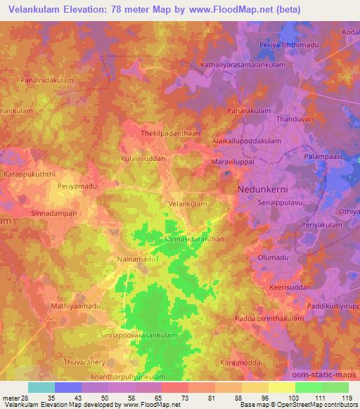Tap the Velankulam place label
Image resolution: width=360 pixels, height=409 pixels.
tap(188, 204)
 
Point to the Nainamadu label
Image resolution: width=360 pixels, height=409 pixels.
tap(137, 259)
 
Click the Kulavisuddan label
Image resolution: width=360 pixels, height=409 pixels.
tap(143, 159)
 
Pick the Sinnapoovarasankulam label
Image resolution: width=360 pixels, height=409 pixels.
tap(139, 336)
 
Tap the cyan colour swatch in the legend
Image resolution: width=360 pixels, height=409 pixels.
tap(41, 387)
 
